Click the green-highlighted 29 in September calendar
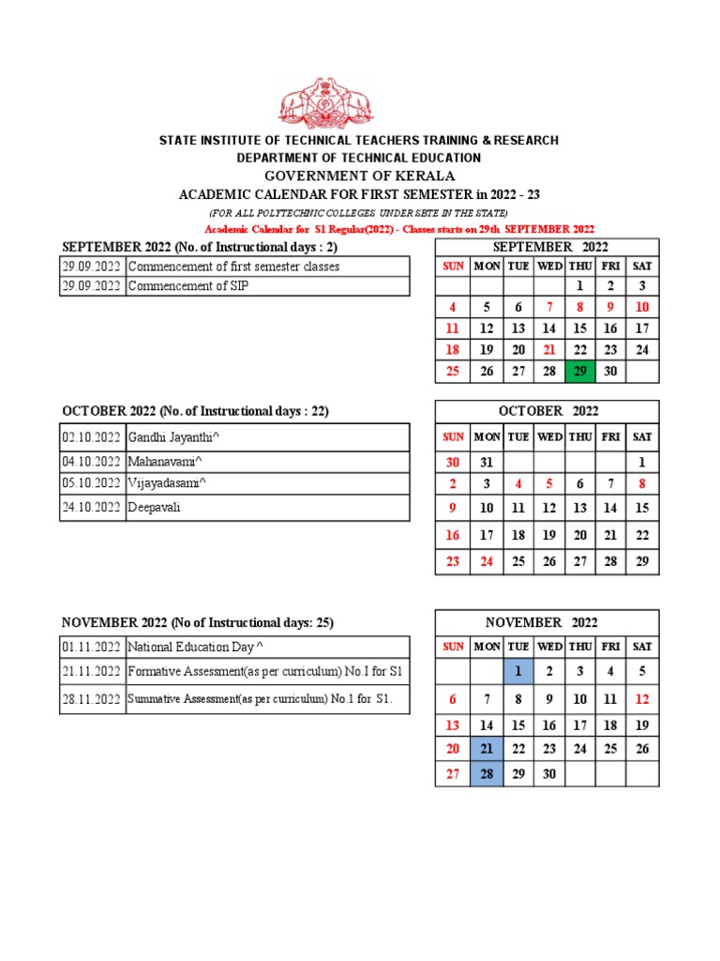tap(579, 372)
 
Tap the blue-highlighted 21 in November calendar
tap(486, 749)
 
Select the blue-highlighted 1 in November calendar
tap(517, 671)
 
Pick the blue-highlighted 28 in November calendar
tap(486, 773)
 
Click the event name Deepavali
tap(155, 507)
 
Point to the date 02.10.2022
tap(92, 437)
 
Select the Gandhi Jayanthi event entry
tap(174, 437)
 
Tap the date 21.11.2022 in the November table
tap(92, 671)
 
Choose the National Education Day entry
tap(195, 647)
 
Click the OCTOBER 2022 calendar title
tap(547, 411)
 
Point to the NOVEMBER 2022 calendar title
tap(547, 622)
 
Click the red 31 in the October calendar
tap(486, 462)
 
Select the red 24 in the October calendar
tap(486, 561)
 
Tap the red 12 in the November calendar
tap(642, 699)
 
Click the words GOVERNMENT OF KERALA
tap(359, 175)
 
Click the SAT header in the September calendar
tap(642, 266)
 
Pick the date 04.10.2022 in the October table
tap(92, 462)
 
